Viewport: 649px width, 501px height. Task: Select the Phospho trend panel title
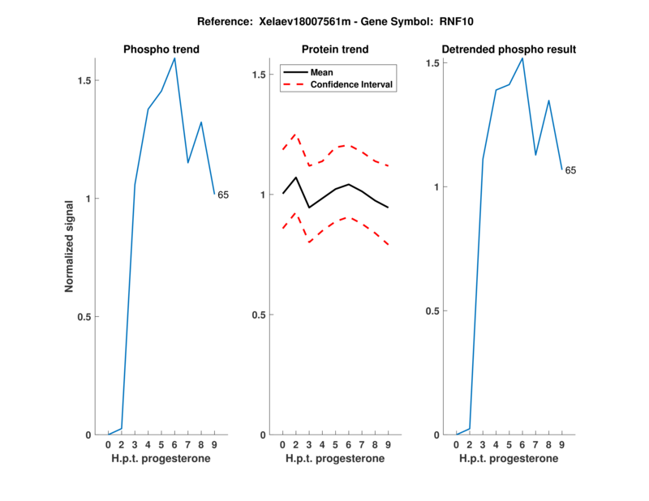[x=161, y=49]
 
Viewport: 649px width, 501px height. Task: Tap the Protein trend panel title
[x=335, y=49]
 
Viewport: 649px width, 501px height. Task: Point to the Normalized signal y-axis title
[x=70, y=246]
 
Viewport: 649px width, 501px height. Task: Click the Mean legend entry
[x=322, y=72]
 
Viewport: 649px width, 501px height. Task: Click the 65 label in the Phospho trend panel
[x=223, y=195]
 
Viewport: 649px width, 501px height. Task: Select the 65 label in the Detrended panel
[x=570, y=170]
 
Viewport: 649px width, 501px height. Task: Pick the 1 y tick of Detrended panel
[x=437, y=187]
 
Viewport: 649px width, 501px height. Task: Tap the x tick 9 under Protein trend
[x=388, y=445]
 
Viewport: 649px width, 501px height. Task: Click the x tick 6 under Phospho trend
[x=174, y=445]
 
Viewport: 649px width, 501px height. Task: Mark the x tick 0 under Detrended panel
[x=457, y=445]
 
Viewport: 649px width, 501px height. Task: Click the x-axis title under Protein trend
[x=335, y=459]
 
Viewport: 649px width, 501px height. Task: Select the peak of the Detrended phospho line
[x=522, y=58]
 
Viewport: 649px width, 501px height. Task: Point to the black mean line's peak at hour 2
[x=296, y=177]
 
